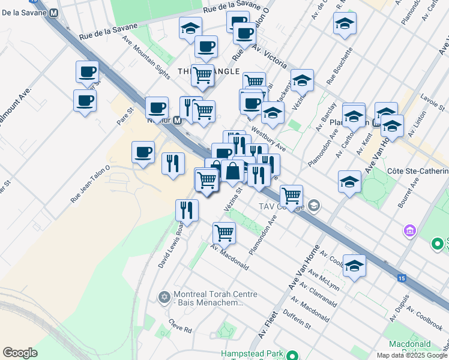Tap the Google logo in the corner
pos(20,353)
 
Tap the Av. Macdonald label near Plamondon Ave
pos(229,257)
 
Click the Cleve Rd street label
pos(180,329)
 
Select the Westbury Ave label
pos(268,138)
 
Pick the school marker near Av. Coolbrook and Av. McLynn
pos(355,266)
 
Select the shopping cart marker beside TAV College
pos(291,195)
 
